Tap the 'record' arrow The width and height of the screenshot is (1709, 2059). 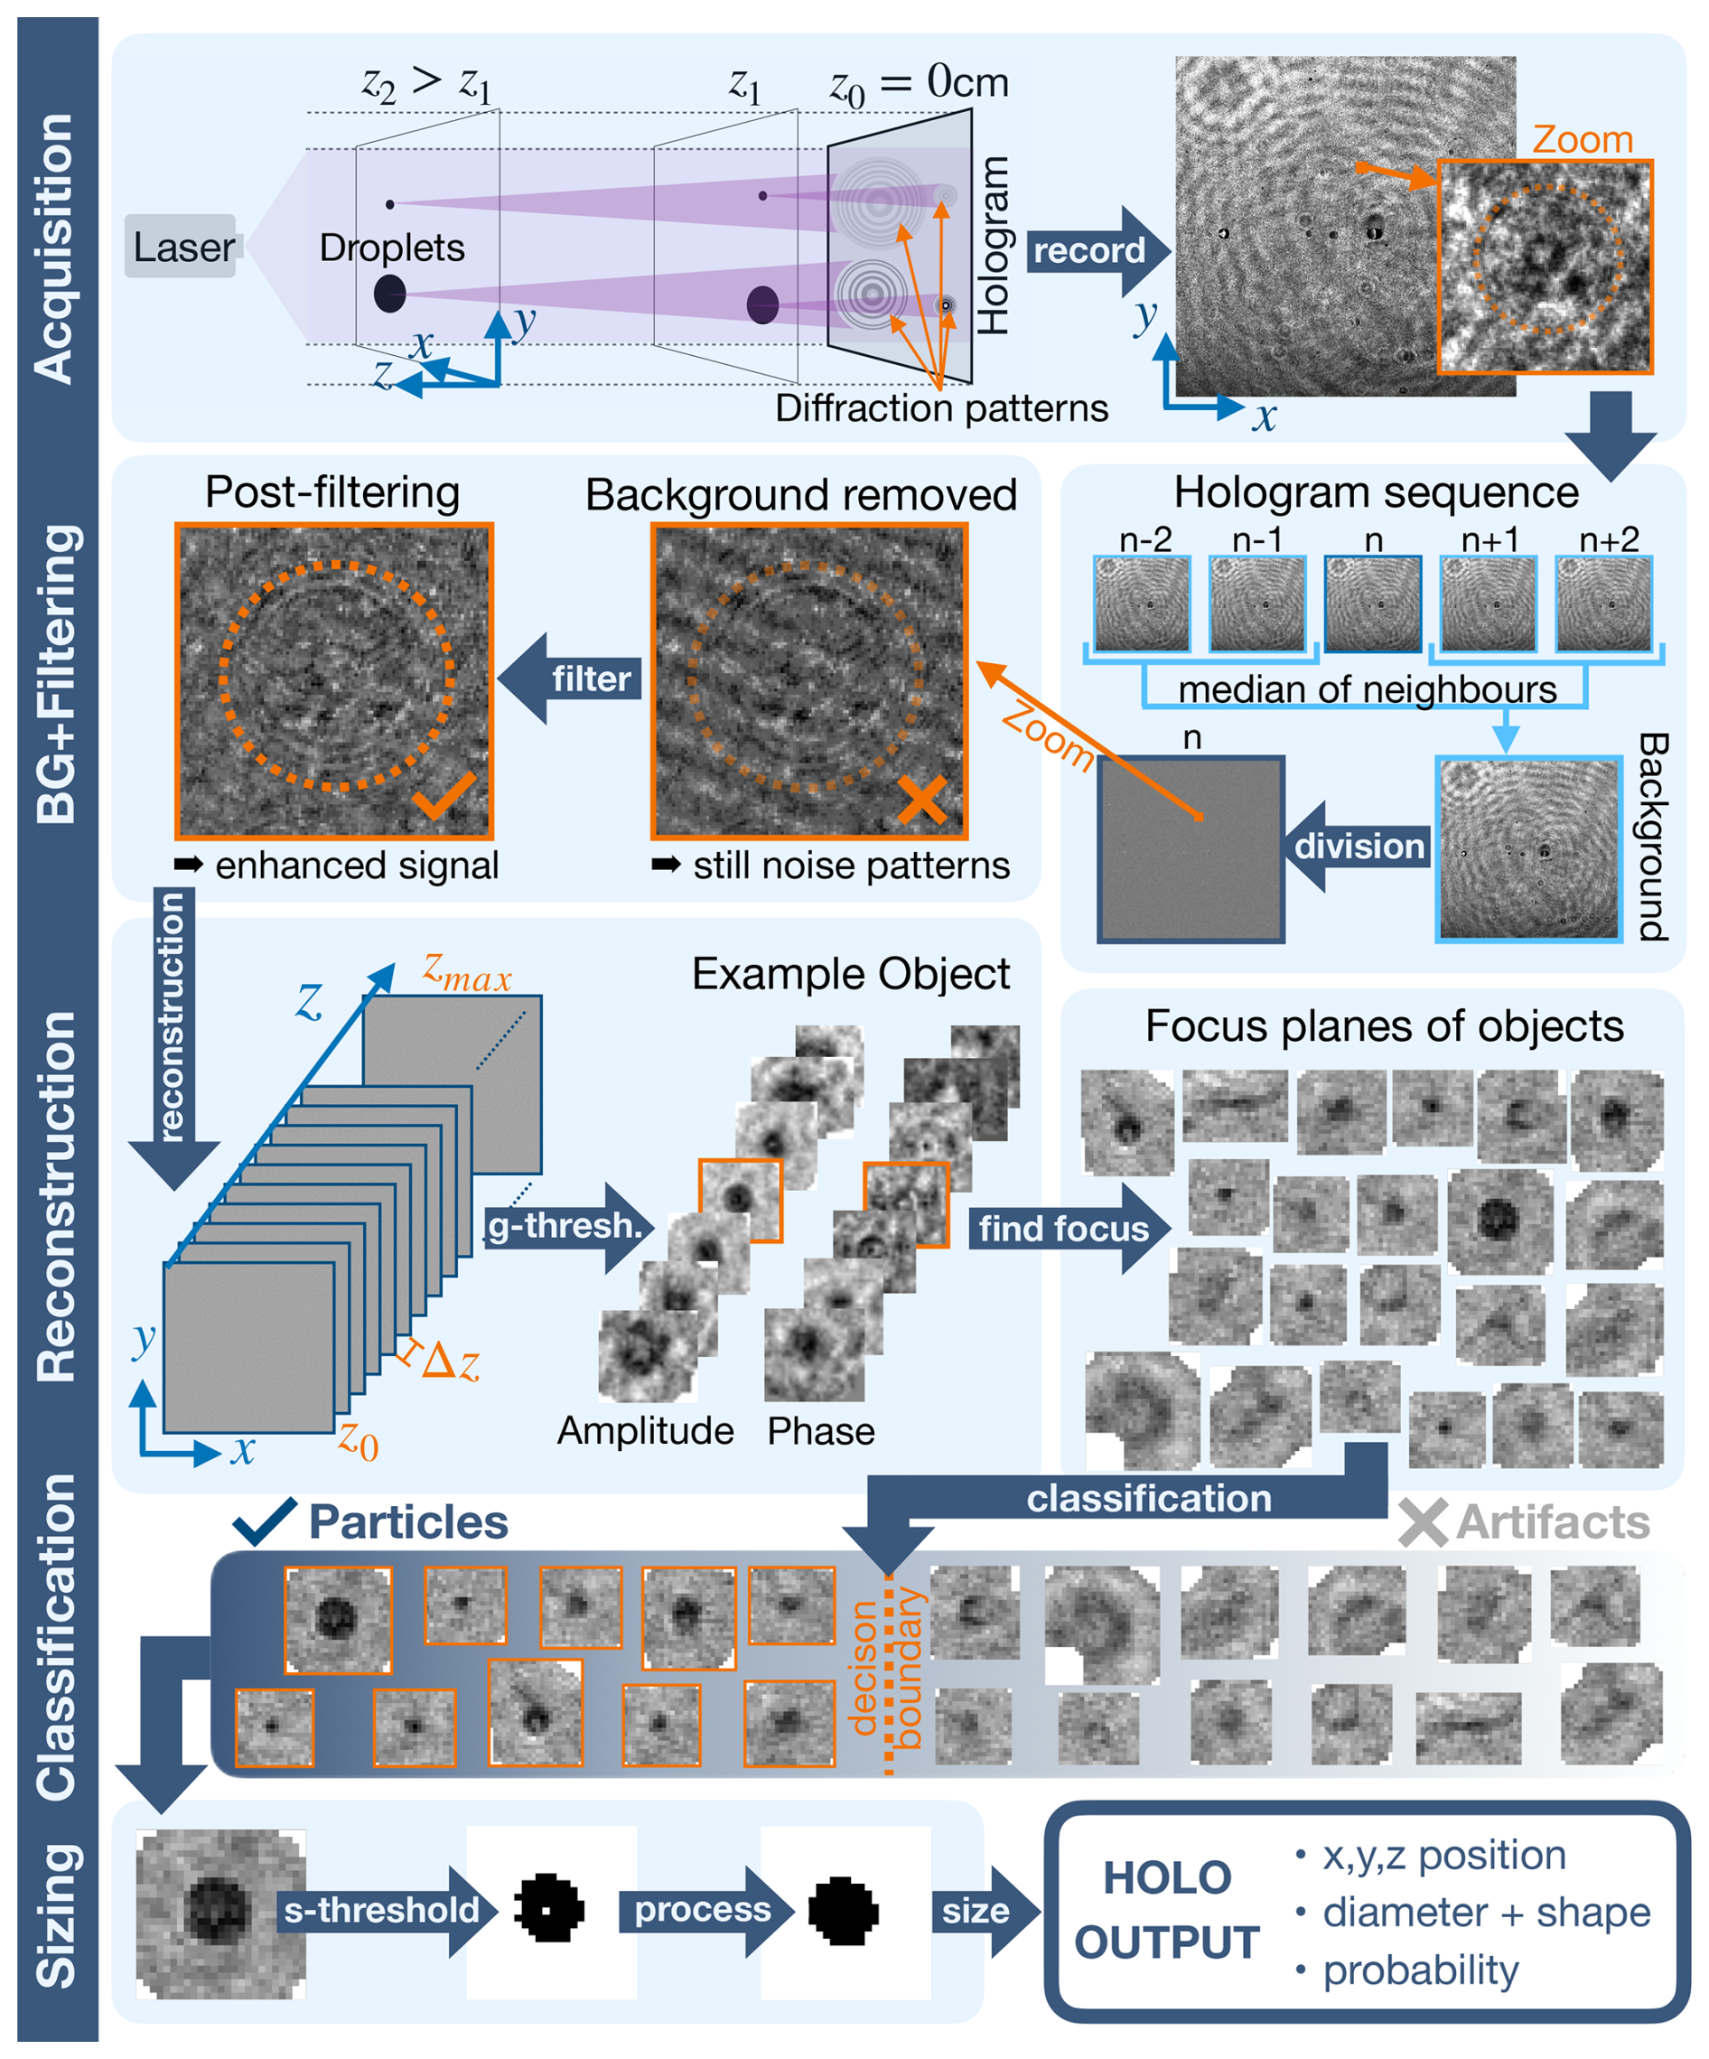click(x=1094, y=251)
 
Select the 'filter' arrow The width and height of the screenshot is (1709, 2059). click(x=574, y=679)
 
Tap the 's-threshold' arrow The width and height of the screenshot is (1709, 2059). click(x=385, y=1910)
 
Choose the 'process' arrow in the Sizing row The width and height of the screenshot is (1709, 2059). click(x=704, y=1910)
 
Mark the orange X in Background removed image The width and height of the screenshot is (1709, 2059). click(x=921, y=798)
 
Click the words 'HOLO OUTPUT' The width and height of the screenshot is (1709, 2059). click(x=1167, y=1911)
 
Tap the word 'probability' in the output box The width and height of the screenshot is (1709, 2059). click(x=1420, y=1970)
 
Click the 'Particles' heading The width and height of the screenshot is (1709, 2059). click(x=408, y=1522)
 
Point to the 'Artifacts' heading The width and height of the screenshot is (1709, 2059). click(x=1552, y=1522)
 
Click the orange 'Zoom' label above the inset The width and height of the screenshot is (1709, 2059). click(x=1583, y=139)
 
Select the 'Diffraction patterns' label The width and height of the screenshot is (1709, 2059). click(x=941, y=407)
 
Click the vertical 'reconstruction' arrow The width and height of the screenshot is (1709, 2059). click(x=173, y=1030)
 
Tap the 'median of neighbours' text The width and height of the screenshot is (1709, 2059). click(x=1367, y=689)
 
